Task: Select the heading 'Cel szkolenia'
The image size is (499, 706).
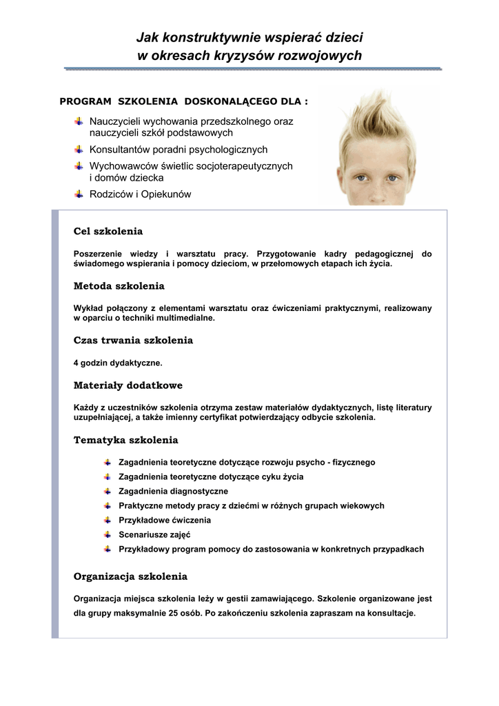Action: click(108, 231)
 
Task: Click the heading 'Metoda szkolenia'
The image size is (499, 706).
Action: click(119, 285)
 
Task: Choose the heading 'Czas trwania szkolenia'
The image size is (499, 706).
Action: click(133, 340)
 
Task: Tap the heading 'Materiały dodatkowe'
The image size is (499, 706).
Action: click(128, 385)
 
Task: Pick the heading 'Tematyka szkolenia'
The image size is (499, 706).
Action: click(125, 440)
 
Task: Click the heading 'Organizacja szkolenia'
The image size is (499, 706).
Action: click(130, 576)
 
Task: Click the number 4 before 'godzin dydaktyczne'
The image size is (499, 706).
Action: click(76, 362)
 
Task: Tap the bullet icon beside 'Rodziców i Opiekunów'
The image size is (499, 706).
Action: click(79, 194)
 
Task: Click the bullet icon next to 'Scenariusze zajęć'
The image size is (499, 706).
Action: click(108, 534)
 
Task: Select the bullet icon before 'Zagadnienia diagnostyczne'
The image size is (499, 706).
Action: click(108, 491)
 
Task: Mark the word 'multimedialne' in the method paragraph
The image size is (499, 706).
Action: click(188, 319)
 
